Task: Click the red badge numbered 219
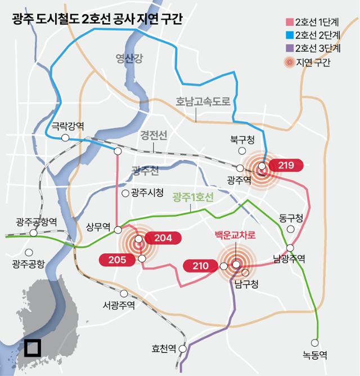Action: click(x=286, y=165)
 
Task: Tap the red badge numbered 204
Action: click(x=163, y=238)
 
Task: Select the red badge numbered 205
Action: click(x=116, y=259)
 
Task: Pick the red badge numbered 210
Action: click(x=201, y=265)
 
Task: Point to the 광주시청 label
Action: click(x=147, y=193)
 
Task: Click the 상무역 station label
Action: click(x=97, y=227)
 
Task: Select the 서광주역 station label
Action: click(x=119, y=305)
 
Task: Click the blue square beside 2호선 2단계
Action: click(x=289, y=35)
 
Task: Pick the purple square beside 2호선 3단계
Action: click(x=289, y=48)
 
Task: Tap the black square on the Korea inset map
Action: click(x=31, y=347)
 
